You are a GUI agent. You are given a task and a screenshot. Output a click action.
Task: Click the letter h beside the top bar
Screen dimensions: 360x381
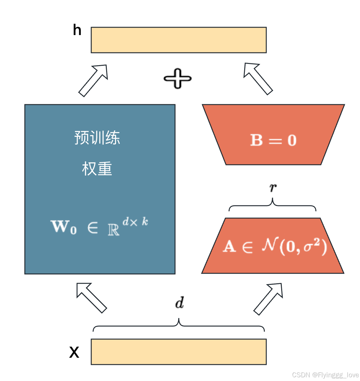click(x=77, y=30)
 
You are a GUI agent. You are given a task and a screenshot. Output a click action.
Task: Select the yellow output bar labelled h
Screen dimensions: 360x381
click(x=179, y=40)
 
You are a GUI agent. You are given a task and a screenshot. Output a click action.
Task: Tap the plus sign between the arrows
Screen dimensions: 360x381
click(x=178, y=78)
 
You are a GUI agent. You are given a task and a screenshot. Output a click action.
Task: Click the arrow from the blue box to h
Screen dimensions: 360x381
click(x=93, y=81)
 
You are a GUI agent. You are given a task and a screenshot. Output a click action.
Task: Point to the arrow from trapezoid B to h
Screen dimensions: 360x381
click(x=258, y=79)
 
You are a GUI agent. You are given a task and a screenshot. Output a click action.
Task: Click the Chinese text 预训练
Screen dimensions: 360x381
click(x=97, y=137)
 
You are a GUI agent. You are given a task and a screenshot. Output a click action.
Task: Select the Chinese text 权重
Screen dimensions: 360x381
click(x=97, y=168)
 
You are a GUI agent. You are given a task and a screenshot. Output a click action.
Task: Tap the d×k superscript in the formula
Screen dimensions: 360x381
click(x=135, y=222)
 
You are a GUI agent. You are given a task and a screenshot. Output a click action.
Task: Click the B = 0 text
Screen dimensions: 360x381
click(x=273, y=140)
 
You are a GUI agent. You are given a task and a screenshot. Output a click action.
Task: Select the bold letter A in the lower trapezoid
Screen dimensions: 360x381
click(x=229, y=247)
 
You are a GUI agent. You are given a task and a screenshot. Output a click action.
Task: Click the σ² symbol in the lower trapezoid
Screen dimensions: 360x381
click(x=312, y=245)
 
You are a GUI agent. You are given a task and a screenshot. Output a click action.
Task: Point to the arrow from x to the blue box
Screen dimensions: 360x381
click(x=92, y=298)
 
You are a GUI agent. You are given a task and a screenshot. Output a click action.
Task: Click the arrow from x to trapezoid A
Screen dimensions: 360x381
click(x=268, y=299)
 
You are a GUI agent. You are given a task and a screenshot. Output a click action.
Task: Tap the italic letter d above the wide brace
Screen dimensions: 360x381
click(x=180, y=303)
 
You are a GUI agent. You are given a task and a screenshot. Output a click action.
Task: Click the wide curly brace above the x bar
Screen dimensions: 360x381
click(x=179, y=325)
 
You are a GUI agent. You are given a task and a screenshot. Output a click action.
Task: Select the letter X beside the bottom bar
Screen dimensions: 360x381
click(x=74, y=352)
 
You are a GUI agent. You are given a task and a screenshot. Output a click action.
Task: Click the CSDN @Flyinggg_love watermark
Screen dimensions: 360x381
click(x=326, y=375)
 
